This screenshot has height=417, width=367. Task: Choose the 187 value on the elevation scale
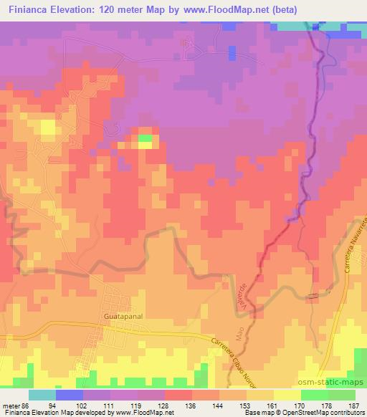356,405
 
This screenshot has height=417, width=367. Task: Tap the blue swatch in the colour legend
70,395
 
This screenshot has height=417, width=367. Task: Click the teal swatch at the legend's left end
42,395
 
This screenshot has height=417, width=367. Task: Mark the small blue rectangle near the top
232,52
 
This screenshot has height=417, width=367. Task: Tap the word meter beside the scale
11,405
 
